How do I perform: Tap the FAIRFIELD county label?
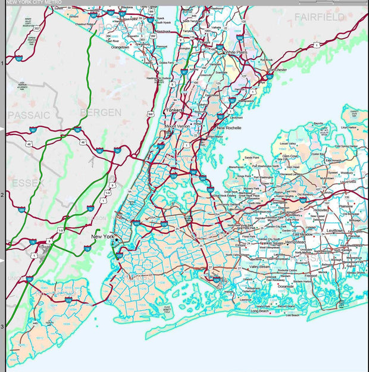(x=319, y=17)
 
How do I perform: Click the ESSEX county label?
(x=28, y=182)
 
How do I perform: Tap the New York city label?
(x=102, y=237)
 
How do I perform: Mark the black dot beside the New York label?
(x=117, y=239)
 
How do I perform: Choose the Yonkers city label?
(x=174, y=111)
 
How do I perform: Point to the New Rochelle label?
(x=229, y=128)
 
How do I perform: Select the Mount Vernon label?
(x=177, y=127)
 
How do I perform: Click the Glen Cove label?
(x=291, y=156)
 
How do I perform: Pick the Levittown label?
(x=334, y=230)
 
